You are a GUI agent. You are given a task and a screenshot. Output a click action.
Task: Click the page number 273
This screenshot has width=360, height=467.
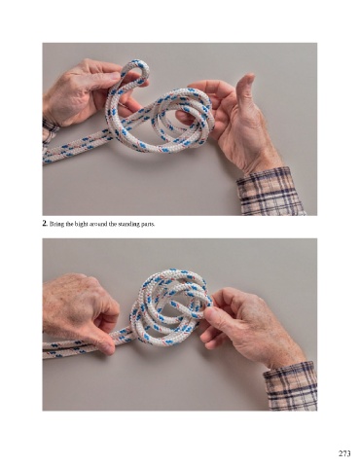click(344, 453)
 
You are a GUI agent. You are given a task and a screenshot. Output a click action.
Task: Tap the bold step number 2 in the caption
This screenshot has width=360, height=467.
click(45, 223)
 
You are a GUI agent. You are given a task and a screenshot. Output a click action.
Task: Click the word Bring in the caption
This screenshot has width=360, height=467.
click(54, 224)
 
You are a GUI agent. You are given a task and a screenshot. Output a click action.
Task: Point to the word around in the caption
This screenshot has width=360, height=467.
click(89, 224)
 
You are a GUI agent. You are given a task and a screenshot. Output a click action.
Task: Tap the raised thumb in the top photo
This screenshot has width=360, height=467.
click(244, 90)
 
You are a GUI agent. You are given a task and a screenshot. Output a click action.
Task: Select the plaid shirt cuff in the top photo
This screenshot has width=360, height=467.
click(270, 192)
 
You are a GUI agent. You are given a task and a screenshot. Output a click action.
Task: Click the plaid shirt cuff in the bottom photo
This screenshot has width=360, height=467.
click(291, 386)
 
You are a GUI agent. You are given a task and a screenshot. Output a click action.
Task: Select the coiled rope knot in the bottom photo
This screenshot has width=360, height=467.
click(171, 308)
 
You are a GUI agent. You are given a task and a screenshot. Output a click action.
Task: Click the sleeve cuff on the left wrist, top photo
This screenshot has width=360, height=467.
click(50, 128)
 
